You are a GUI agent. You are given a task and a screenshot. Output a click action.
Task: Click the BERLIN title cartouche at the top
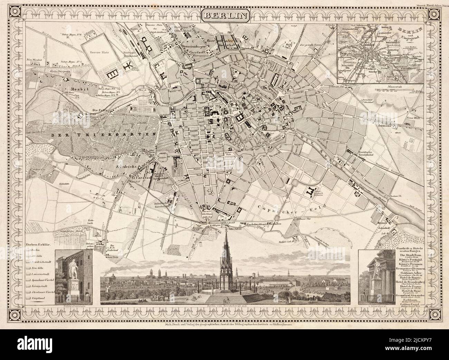coord(226,16)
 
